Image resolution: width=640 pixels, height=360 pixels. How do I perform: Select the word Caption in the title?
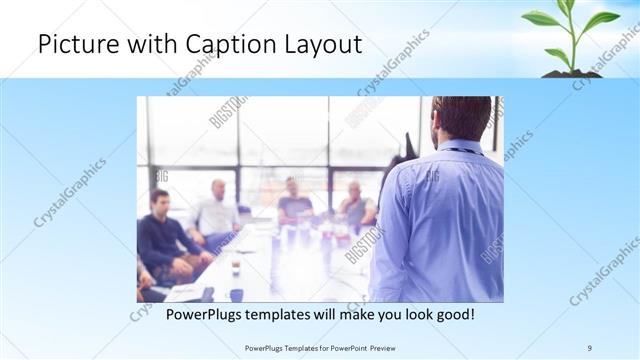click(x=216, y=45)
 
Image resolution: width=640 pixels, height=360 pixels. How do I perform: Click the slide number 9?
click(x=589, y=347)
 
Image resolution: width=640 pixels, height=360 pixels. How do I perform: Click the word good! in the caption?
click(x=454, y=314)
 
